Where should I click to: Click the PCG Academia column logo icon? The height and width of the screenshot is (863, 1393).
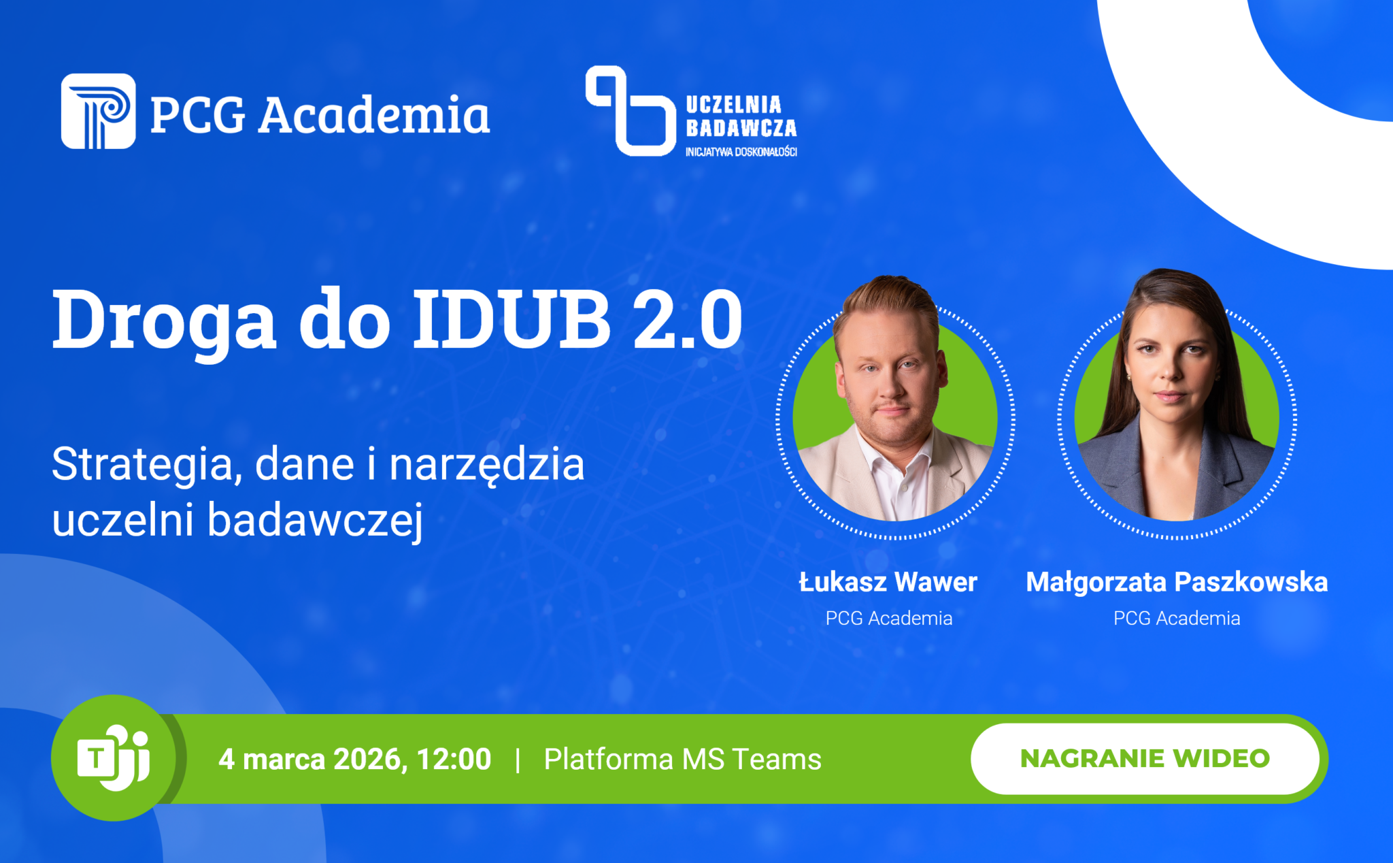coord(98,111)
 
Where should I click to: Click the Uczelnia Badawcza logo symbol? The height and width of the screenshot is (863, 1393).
coord(630,111)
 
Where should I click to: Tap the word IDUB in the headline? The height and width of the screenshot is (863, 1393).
coord(511,319)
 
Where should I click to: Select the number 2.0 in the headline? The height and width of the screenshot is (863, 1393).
coord(688,319)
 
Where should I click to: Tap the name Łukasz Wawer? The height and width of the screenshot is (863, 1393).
coord(888,582)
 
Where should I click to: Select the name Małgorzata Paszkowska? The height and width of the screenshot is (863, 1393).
coord(1177,582)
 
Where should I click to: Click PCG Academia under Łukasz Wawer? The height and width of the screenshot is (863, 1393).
coord(888,618)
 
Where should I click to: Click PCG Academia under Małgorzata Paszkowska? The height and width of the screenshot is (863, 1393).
coord(1177,618)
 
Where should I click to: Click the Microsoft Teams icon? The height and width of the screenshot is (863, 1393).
coord(114,758)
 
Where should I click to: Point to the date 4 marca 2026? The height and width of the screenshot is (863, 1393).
coord(314,760)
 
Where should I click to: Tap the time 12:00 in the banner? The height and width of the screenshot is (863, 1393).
coord(454,760)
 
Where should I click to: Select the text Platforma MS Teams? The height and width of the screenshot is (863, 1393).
coord(682,760)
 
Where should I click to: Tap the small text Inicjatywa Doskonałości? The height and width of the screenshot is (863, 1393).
coord(741,152)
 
